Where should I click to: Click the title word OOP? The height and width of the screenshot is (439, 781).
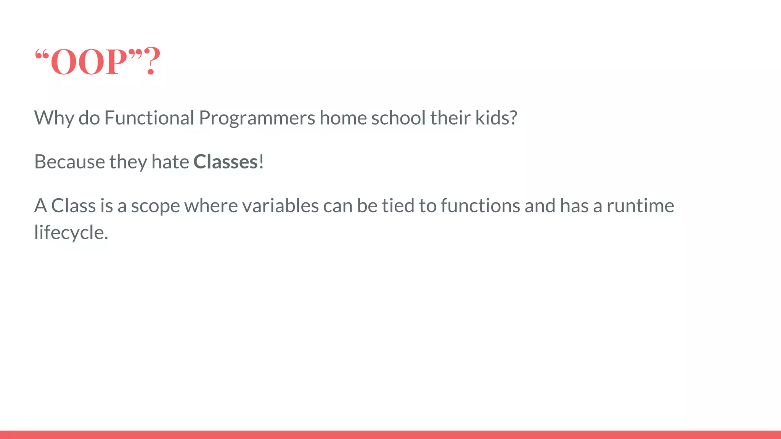click(x=88, y=62)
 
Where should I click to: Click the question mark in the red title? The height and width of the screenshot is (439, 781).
click(x=152, y=61)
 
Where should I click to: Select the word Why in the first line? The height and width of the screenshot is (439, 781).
click(x=54, y=118)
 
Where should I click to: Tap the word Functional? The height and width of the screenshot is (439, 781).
click(x=149, y=118)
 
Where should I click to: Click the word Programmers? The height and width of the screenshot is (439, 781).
click(x=257, y=118)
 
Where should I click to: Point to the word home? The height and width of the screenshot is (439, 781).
click(x=343, y=118)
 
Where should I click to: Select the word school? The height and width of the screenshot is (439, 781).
click(x=398, y=118)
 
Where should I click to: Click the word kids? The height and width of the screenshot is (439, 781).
click(x=496, y=118)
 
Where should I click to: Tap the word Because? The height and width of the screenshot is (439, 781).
click(x=69, y=162)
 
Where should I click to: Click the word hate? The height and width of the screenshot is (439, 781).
click(x=170, y=162)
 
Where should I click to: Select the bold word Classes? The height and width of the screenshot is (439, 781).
click(x=226, y=162)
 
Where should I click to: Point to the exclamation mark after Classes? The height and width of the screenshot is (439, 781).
click(x=261, y=162)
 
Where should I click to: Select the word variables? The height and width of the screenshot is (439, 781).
click(x=280, y=206)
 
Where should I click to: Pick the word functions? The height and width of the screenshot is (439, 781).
click(x=480, y=206)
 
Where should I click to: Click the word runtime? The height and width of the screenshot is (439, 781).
click(x=640, y=206)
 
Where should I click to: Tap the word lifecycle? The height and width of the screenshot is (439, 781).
click(x=71, y=232)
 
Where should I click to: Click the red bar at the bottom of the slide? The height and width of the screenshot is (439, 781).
click(x=390, y=434)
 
